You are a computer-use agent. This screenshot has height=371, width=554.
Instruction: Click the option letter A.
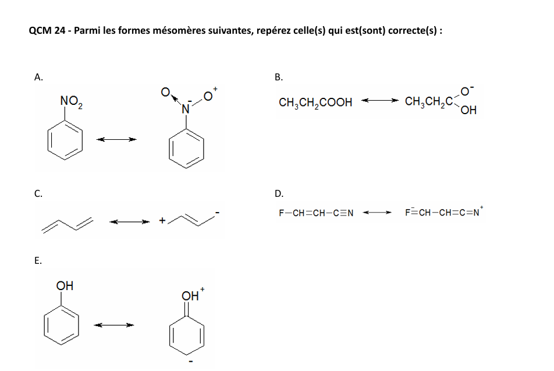[38, 77]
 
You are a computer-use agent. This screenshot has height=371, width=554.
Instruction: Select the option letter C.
[38, 194]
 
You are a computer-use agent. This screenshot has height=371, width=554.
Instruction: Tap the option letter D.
[279, 194]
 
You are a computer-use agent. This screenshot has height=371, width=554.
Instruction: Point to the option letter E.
[38, 261]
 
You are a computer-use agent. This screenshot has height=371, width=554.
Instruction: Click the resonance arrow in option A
[116, 139]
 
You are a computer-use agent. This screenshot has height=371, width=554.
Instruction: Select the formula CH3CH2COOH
[315, 103]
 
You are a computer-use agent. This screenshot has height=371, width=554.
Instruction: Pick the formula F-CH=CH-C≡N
[316, 213]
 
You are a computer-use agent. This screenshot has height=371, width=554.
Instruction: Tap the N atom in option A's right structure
[186, 108]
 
